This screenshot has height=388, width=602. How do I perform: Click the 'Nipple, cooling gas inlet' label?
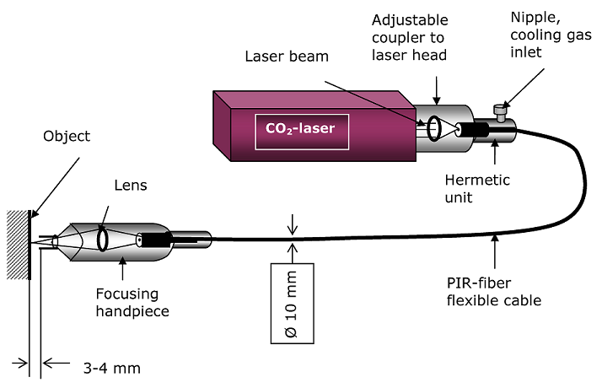pos(552,32)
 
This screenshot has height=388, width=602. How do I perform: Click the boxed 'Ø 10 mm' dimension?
pos(292,303)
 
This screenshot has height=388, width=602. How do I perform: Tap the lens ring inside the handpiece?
pos(105,238)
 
